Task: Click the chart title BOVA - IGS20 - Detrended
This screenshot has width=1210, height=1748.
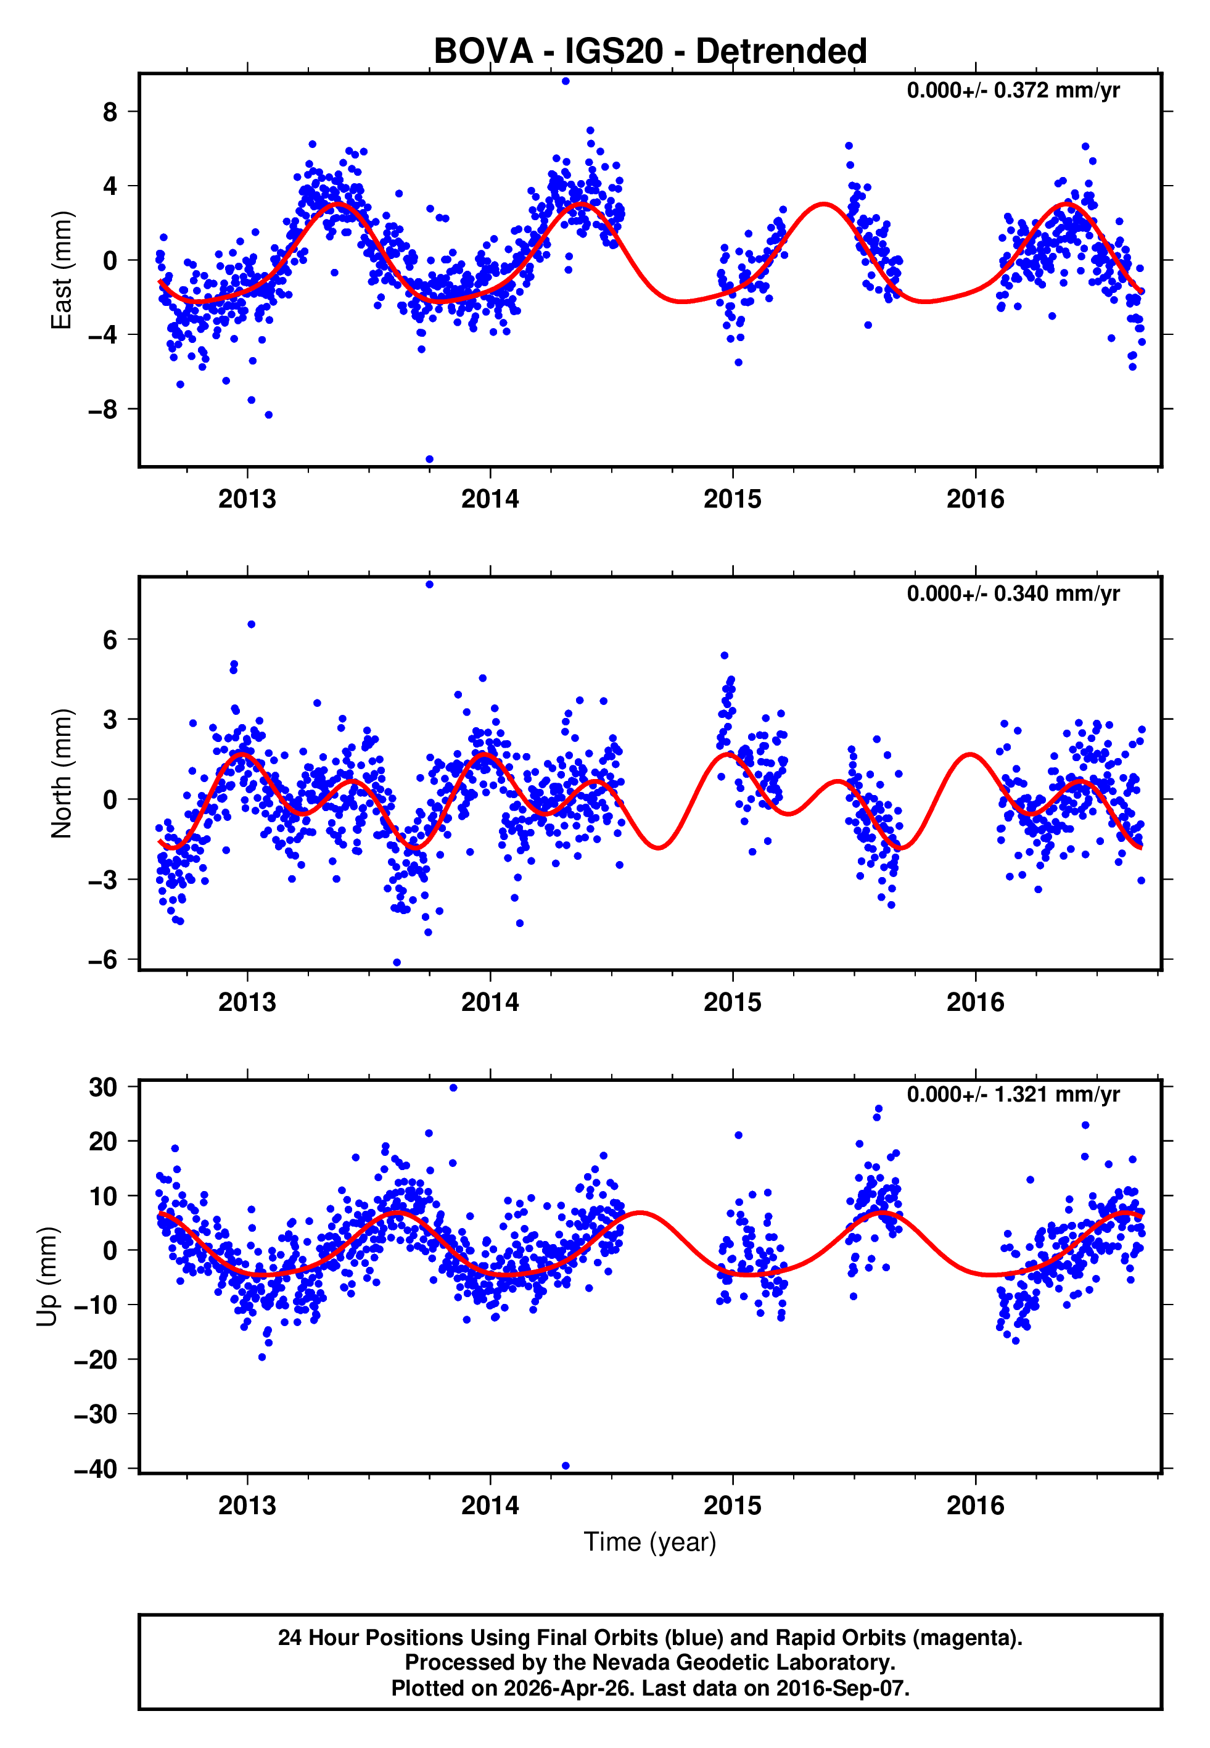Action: pyautogui.click(x=650, y=52)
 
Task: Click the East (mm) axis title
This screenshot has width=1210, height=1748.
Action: pyautogui.click(x=62, y=270)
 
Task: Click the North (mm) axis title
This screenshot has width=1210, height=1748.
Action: pyautogui.click(x=62, y=773)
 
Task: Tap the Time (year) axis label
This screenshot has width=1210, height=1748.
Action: pyautogui.click(x=650, y=1542)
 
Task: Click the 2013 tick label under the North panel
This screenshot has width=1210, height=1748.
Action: pyautogui.click(x=247, y=1002)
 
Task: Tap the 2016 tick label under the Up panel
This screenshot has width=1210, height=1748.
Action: pyautogui.click(x=975, y=1506)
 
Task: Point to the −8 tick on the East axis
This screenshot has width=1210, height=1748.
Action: pyautogui.click(x=102, y=410)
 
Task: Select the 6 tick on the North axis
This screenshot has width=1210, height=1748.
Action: pyautogui.click(x=110, y=640)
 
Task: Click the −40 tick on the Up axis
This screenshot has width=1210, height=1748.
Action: pyautogui.click(x=96, y=1469)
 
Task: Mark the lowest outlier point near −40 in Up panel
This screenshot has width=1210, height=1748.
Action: pyautogui.click(x=566, y=1466)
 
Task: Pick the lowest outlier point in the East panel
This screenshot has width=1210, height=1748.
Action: pyautogui.click(x=430, y=460)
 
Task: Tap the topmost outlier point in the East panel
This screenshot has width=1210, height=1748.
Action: pyautogui.click(x=566, y=81)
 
